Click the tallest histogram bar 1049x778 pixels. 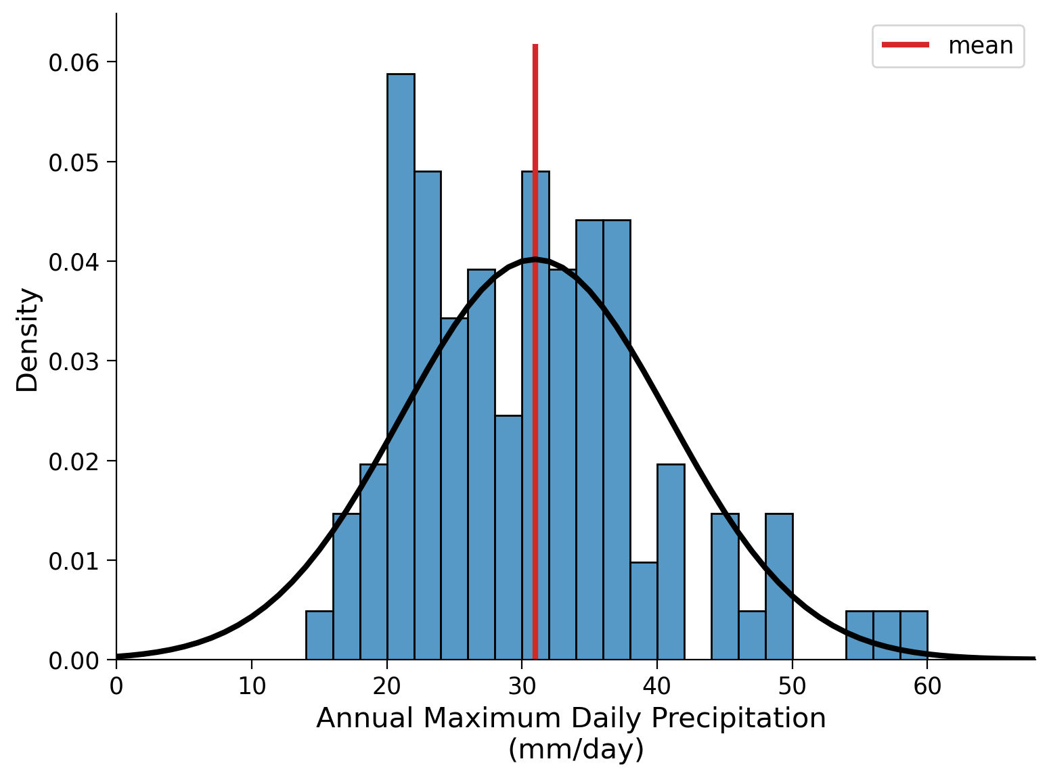[x=401, y=365]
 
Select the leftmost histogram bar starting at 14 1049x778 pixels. [x=319, y=635]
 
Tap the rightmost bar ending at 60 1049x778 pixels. [x=914, y=635]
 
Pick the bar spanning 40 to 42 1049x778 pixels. [x=671, y=562]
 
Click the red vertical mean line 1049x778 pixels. [x=535, y=135]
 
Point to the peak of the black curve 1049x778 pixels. [x=535, y=259]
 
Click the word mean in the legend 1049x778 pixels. [x=981, y=46]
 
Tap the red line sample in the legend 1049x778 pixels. [x=906, y=45]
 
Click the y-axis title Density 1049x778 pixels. [x=28, y=340]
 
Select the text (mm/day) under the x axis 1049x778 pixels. [x=575, y=750]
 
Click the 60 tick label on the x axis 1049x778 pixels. [x=927, y=687]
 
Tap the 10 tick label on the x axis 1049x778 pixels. [x=252, y=687]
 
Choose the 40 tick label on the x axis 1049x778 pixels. [x=656, y=687]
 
